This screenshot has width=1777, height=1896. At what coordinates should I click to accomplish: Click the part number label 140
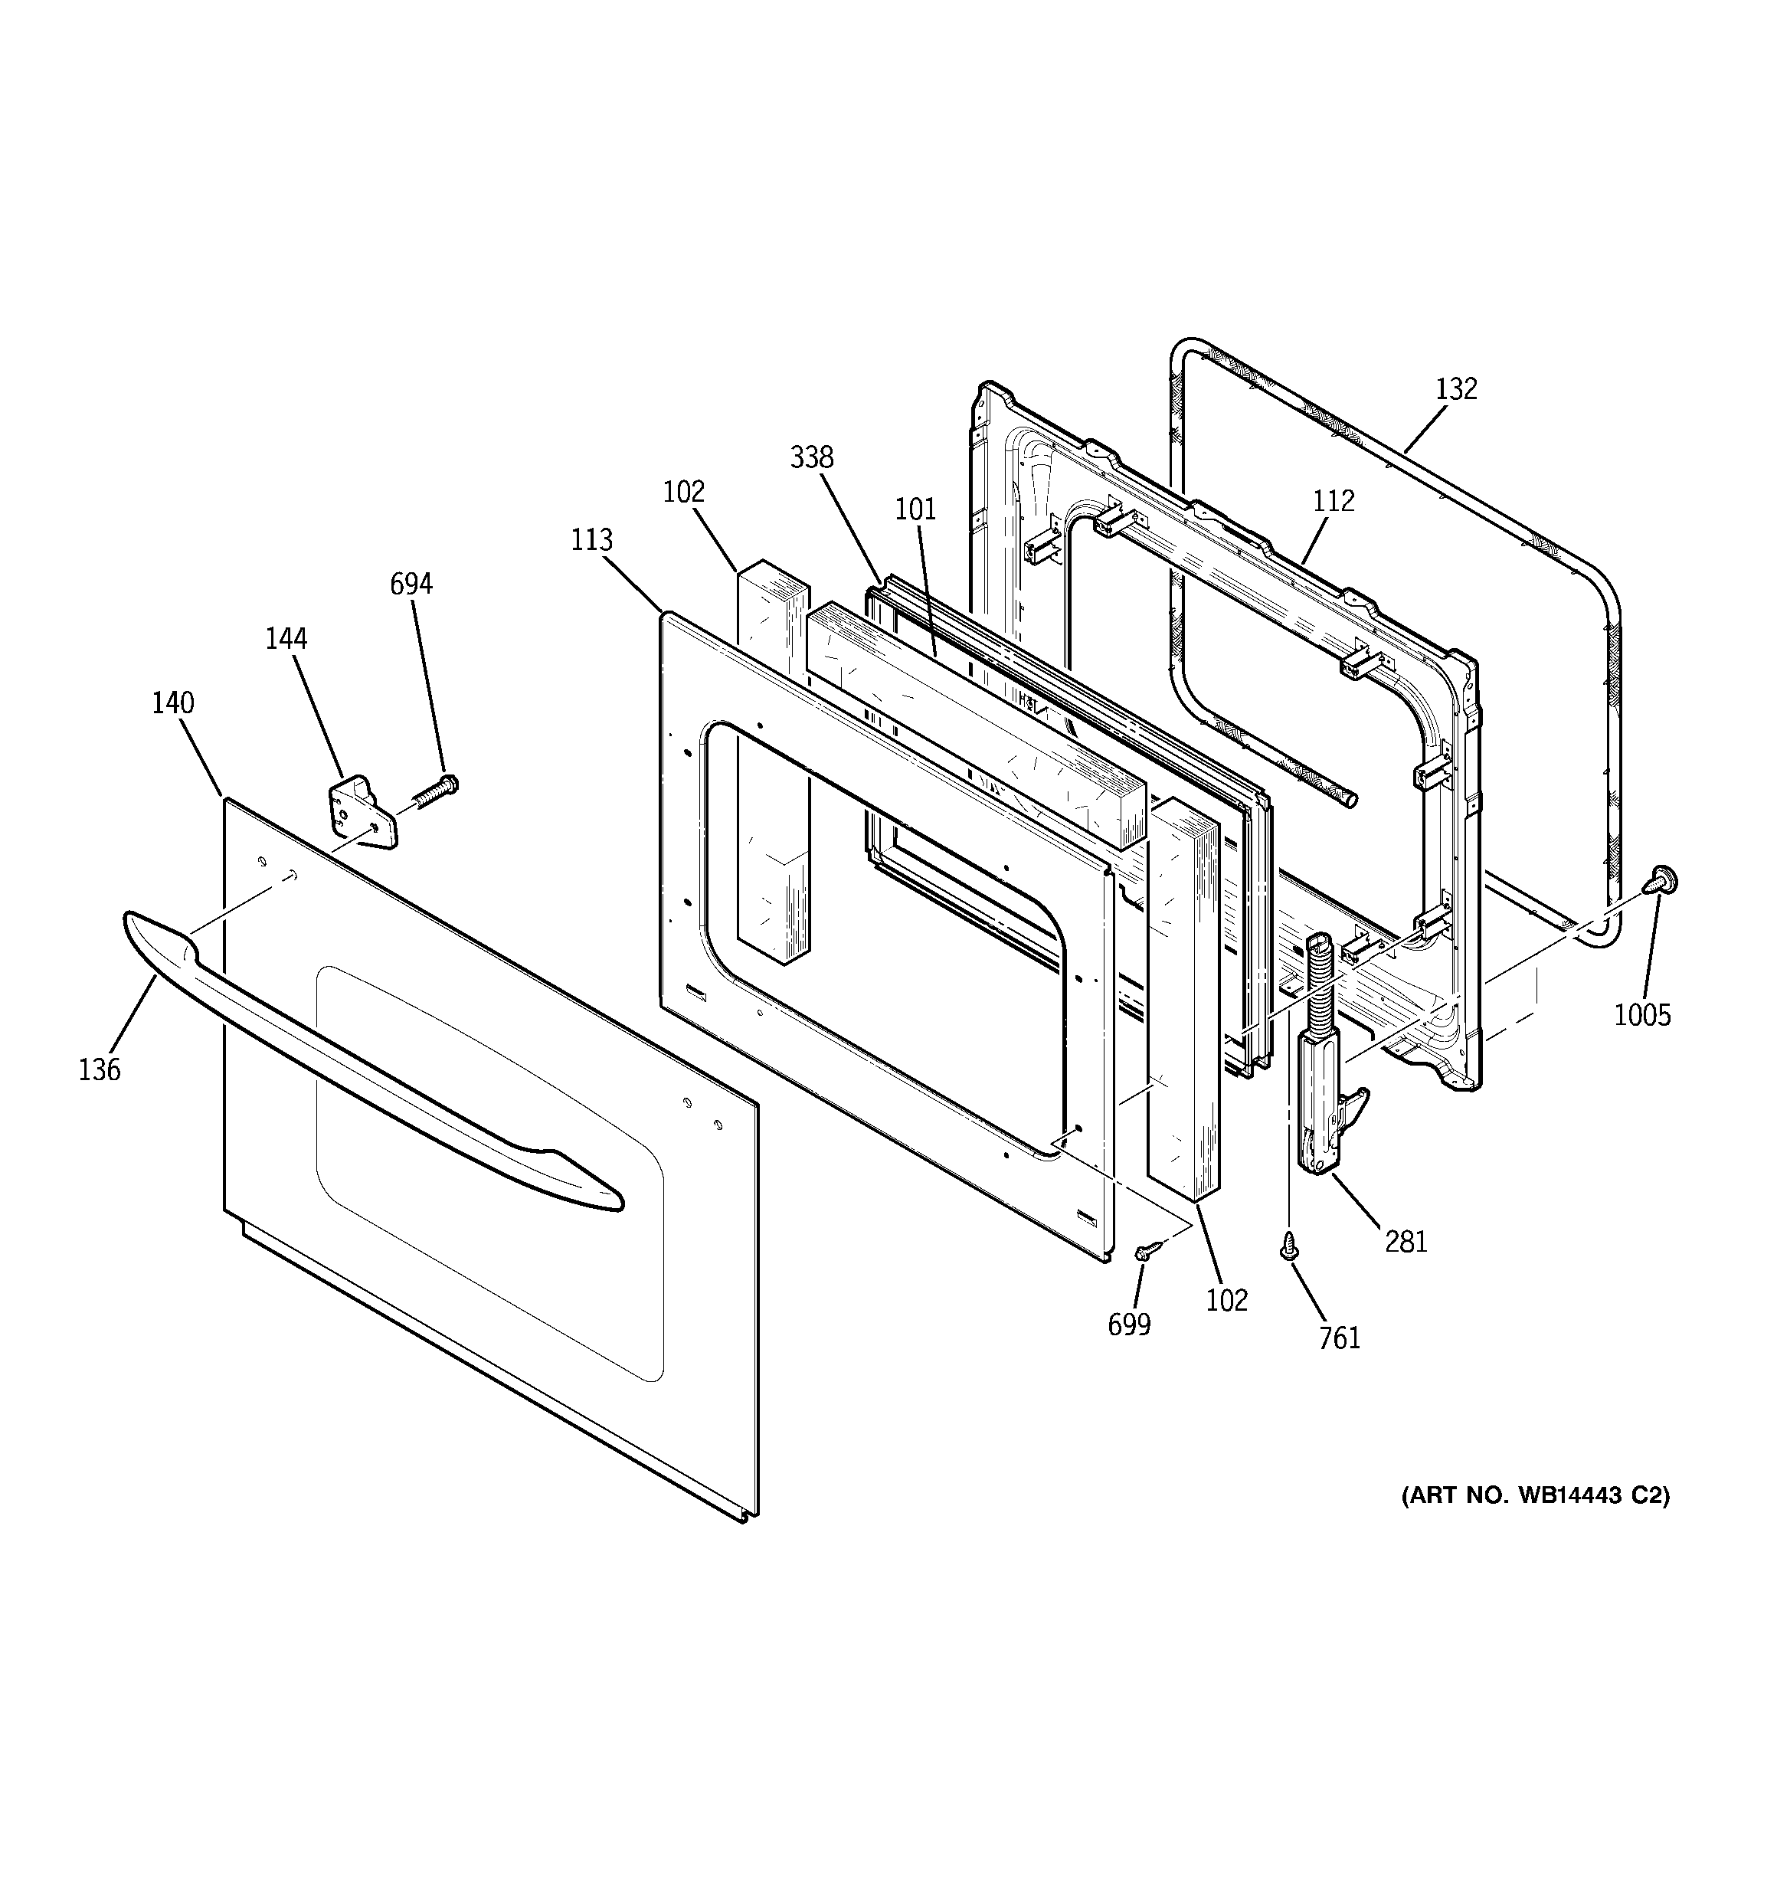pos(172,703)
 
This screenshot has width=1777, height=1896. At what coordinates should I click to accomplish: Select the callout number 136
pos(100,1070)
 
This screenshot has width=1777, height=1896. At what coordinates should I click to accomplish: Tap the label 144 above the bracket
pos(286,639)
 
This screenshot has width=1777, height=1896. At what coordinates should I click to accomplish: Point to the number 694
pos(411,584)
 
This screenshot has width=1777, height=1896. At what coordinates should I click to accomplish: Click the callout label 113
pos(591,541)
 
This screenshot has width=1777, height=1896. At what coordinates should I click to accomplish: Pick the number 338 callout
pos(812,458)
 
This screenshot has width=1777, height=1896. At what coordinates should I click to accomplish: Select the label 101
pos(915,509)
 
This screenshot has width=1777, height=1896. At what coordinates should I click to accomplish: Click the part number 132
pos(1455,389)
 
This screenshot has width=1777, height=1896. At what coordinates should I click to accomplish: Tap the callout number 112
pos(1333,501)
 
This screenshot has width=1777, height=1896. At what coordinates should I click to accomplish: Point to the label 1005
pos(1642,1016)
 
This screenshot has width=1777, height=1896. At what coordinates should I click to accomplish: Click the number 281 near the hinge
pos(1406,1242)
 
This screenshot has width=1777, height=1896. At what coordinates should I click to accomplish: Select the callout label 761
pos(1339,1339)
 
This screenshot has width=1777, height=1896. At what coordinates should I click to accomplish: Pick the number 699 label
pos(1129,1325)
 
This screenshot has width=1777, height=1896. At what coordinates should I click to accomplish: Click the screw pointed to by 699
pos(1147,1250)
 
